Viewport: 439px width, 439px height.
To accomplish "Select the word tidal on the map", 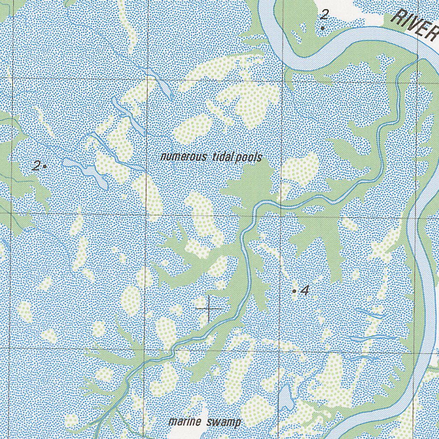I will coord(222,157).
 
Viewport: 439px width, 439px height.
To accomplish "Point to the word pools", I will coord(247,157).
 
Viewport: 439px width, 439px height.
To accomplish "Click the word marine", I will coord(185,422).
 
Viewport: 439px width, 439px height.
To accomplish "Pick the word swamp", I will coord(223,422).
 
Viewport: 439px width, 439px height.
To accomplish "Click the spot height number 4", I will coord(305,291).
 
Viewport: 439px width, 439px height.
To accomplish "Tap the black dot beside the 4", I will coord(294,291).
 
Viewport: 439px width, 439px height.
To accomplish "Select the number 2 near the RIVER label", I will coord(324,15).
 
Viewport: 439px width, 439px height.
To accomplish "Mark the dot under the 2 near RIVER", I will coord(323,28).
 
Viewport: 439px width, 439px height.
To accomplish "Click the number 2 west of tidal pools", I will coord(37,165).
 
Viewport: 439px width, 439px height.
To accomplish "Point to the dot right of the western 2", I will coord(45,166).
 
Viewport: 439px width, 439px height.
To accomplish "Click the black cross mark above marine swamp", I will coord(209,308).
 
